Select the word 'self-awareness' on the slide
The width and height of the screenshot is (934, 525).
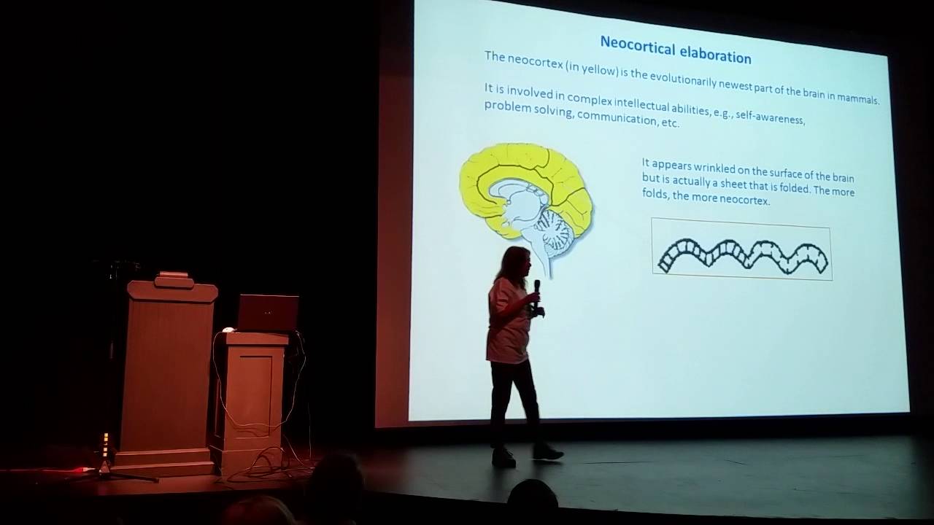point(770,117)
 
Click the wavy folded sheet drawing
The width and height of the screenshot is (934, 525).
point(742,252)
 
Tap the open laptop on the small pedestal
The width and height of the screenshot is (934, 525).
point(268,313)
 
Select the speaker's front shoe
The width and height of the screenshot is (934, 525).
point(547,453)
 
